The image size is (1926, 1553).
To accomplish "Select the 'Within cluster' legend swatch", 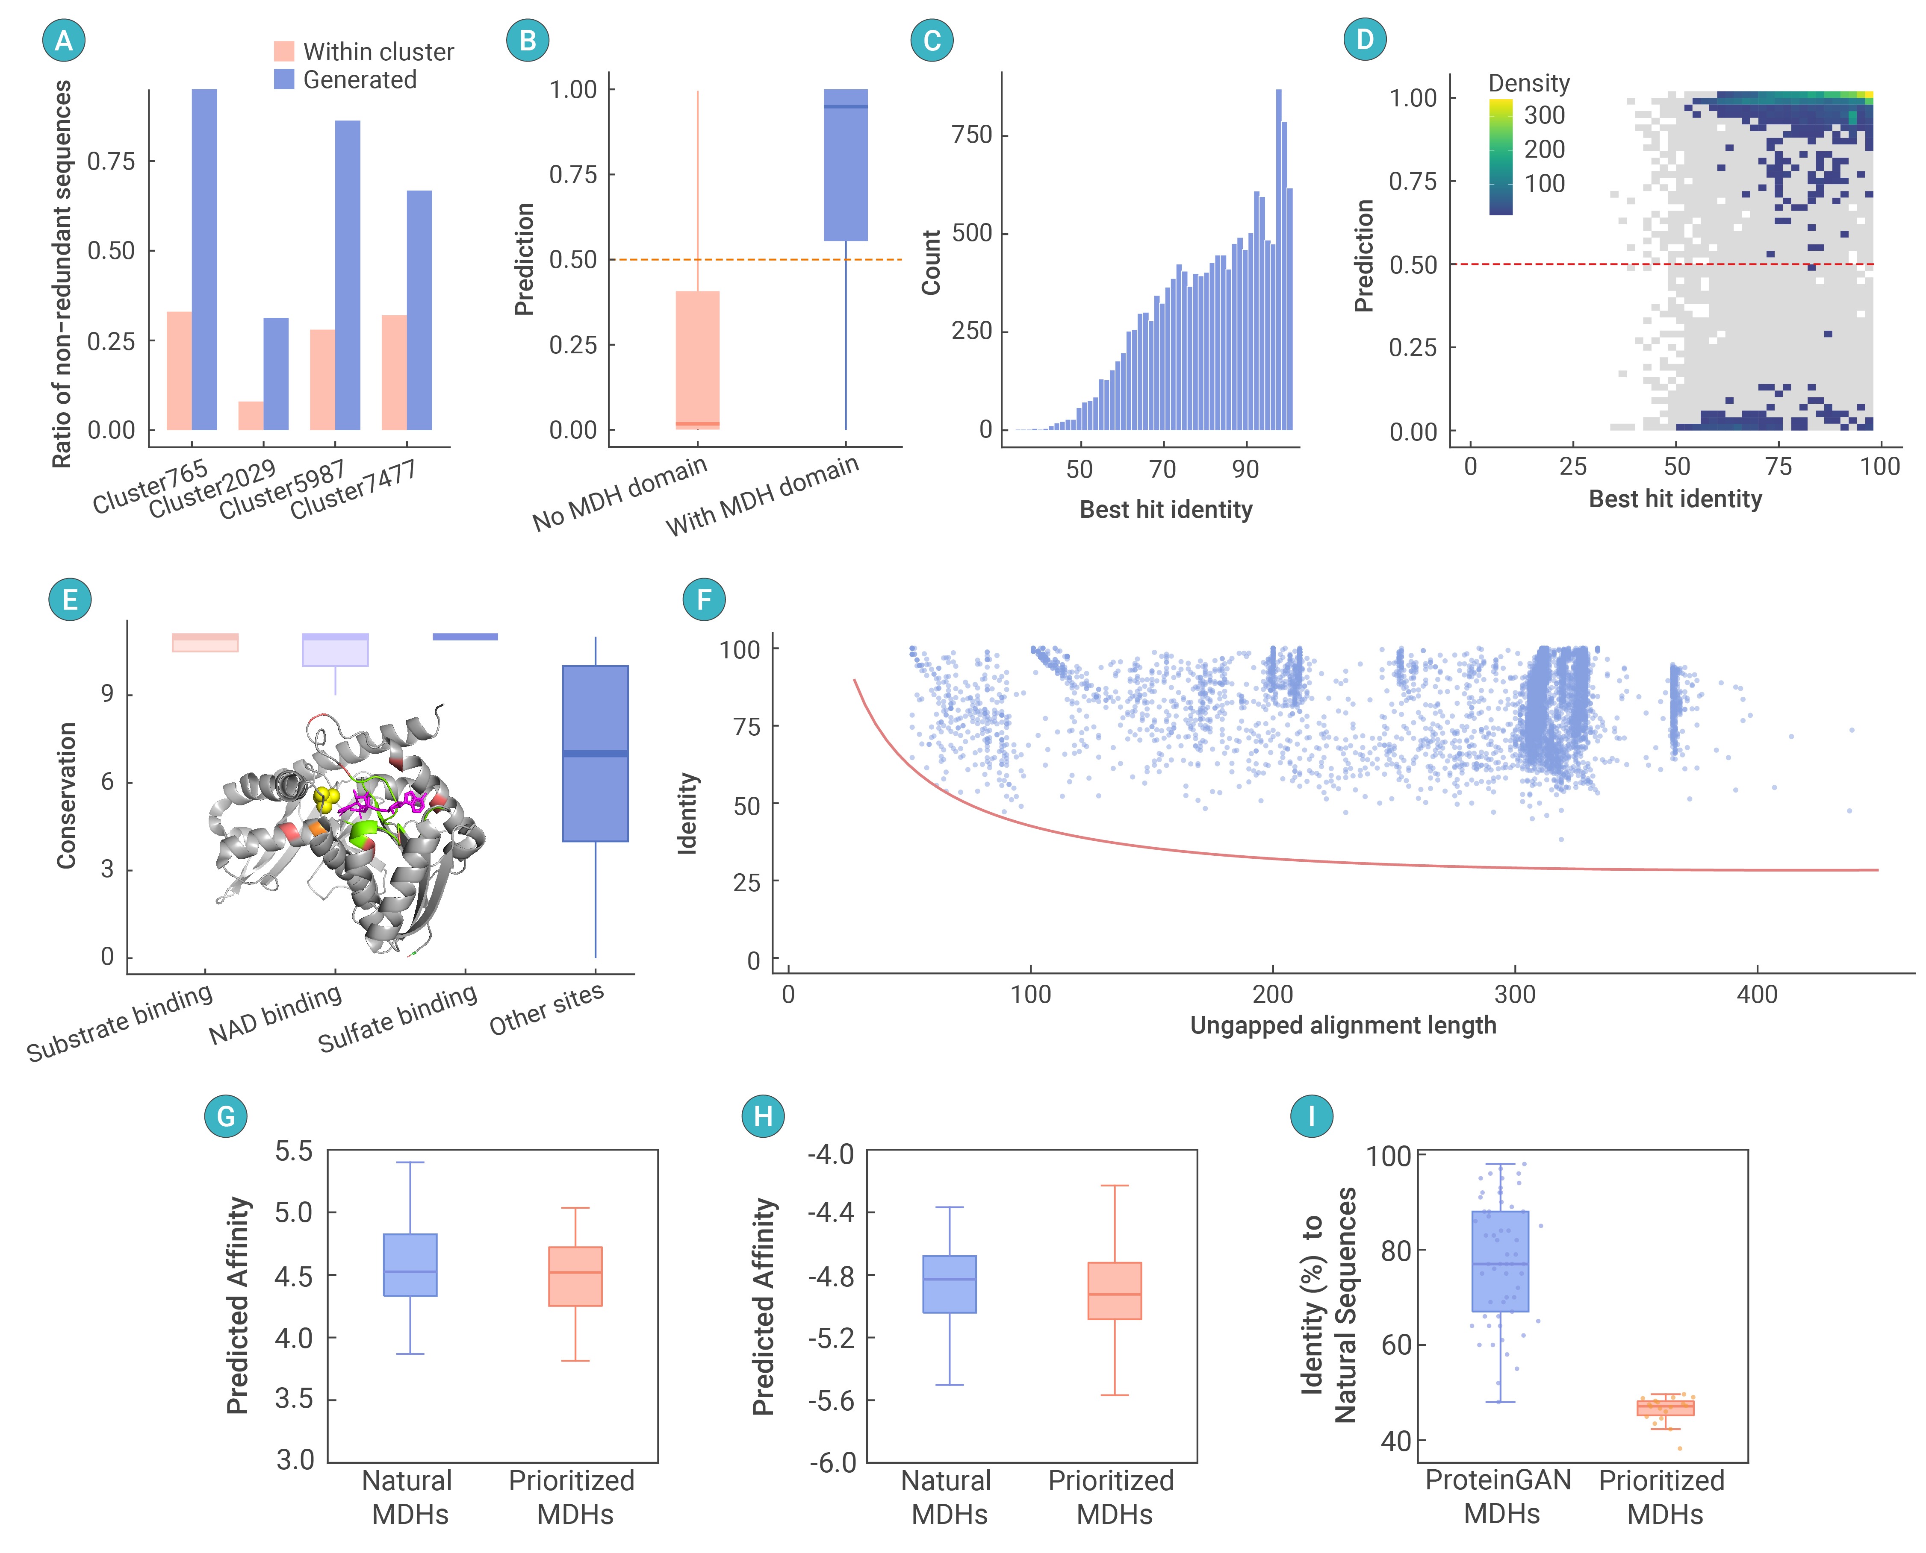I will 284,51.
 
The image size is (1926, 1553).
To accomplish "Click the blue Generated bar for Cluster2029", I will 276,374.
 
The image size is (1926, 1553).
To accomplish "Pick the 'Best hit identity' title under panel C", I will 1165,510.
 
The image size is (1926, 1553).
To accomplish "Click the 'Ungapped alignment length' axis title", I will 1342,1025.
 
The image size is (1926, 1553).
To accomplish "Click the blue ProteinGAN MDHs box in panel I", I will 1500,1261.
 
